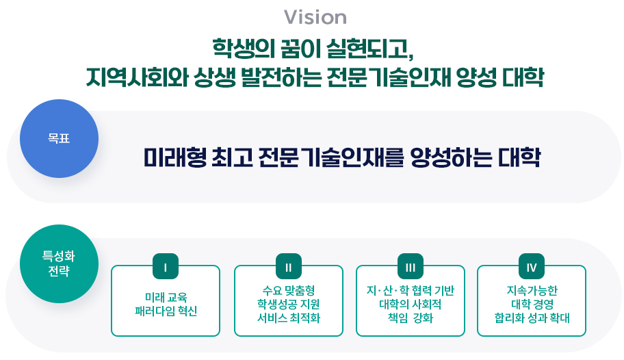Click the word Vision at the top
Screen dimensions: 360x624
(x=315, y=17)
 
